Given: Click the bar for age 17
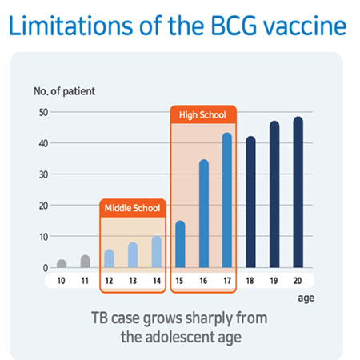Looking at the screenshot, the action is point(227,200).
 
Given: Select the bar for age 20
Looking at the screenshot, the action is point(298,192).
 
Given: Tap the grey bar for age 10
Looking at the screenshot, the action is point(62,263).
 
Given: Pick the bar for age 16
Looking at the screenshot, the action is point(204,214).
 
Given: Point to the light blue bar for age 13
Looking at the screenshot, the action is point(133,255).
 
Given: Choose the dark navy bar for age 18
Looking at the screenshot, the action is point(250,202).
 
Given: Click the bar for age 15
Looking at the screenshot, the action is point(180,244).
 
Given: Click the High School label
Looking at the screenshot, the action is point(202,115).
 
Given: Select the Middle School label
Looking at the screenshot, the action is point(132,208).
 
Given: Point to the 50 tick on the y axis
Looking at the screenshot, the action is point(43,112).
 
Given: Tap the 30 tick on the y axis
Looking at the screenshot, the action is point(43,174).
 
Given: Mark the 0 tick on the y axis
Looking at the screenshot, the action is point(46,268).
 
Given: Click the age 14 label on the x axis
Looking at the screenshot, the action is point(157,281).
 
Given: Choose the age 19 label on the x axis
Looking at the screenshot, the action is point(274,281).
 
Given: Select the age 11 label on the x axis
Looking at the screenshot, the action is point(85,281).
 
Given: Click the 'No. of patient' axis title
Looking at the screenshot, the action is point(64,91).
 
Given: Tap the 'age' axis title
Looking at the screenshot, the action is point(306,298).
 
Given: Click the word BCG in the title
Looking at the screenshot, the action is point(234,26).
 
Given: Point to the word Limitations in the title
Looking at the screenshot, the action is point(70,26).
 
